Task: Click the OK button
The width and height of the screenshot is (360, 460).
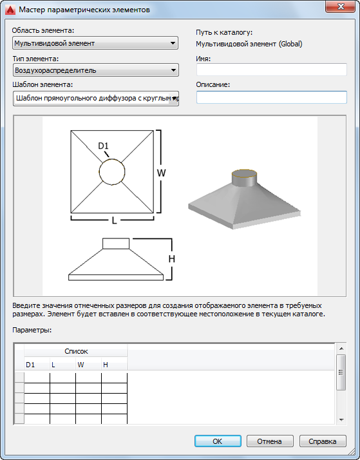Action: (x=218, y=441)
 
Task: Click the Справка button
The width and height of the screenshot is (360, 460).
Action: (x=323, y=441)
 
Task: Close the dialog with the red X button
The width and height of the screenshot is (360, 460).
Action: (x=341, y=7)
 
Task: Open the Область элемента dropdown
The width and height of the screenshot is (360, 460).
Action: (x=95, y=43)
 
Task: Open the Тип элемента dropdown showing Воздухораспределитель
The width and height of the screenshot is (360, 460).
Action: (x=95, y=70)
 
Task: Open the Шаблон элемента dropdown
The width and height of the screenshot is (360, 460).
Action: (x=95, y=99)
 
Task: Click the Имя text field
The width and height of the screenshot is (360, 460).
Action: (x=272, y=70)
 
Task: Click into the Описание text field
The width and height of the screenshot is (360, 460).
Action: (x=272, y=97)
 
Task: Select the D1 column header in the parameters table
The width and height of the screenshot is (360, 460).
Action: (x=37, y=365)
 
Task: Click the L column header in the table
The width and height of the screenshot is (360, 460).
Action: (x=62, y=365)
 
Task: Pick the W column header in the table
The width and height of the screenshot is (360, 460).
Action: (x=88, y=365)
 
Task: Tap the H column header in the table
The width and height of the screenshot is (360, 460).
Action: (x=115, y=365)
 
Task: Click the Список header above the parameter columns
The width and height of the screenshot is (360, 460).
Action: (x=76, y=351)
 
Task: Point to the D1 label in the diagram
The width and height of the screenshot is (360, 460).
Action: (x=103, y=146)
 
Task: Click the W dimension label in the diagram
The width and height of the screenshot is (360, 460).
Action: (x=161, y=173)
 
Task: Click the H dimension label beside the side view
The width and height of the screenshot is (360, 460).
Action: (x=172, y=259)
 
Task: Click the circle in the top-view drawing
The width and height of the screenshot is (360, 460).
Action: (x=99, y=172)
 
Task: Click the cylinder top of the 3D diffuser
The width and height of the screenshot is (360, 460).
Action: (x=245, y=173)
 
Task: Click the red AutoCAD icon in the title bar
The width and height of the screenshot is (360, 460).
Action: (x=11, y=10)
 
